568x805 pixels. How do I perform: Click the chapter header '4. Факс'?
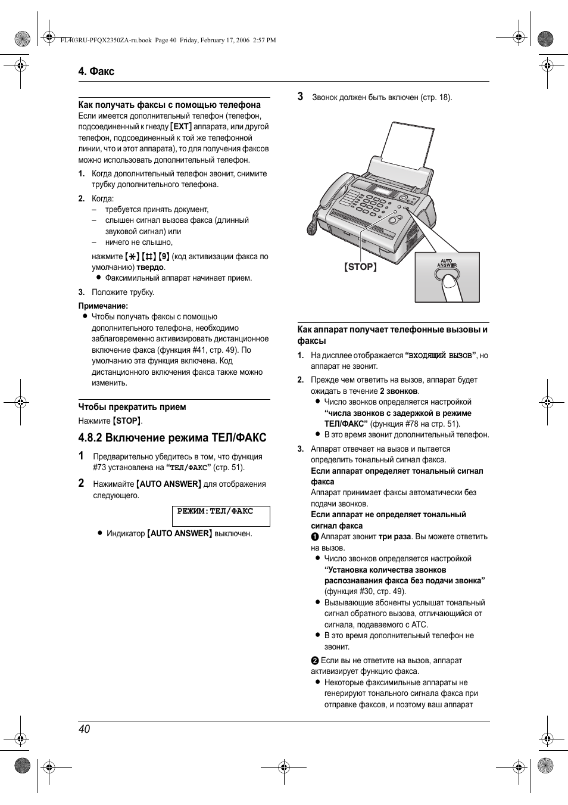click(x=96, y=72)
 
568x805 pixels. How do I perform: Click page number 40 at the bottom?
click(x=84, y=729)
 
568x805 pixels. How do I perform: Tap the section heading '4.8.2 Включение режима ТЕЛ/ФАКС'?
click(x=172, y=438)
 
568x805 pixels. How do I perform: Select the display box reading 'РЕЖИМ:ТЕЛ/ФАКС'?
click(x=221, y=515)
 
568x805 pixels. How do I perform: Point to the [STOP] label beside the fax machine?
click(x=360, y=267)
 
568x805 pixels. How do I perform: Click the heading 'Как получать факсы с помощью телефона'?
click(x=170, y=105)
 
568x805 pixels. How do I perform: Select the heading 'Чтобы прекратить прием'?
click(x=132, y=407)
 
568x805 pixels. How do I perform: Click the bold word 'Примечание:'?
click(x=103, y=306)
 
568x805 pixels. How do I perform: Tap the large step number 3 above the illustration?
click(x=301, y=97)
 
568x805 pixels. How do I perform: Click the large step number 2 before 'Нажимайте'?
click(x=82, y=483)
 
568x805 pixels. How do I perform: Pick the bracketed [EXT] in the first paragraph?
click(x=181, y=127)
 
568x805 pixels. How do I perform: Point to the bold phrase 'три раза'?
click(x=395, y=537)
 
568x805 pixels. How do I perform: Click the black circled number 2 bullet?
click(x=315, y=661)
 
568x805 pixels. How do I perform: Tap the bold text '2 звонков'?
click(x=399, y=391)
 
